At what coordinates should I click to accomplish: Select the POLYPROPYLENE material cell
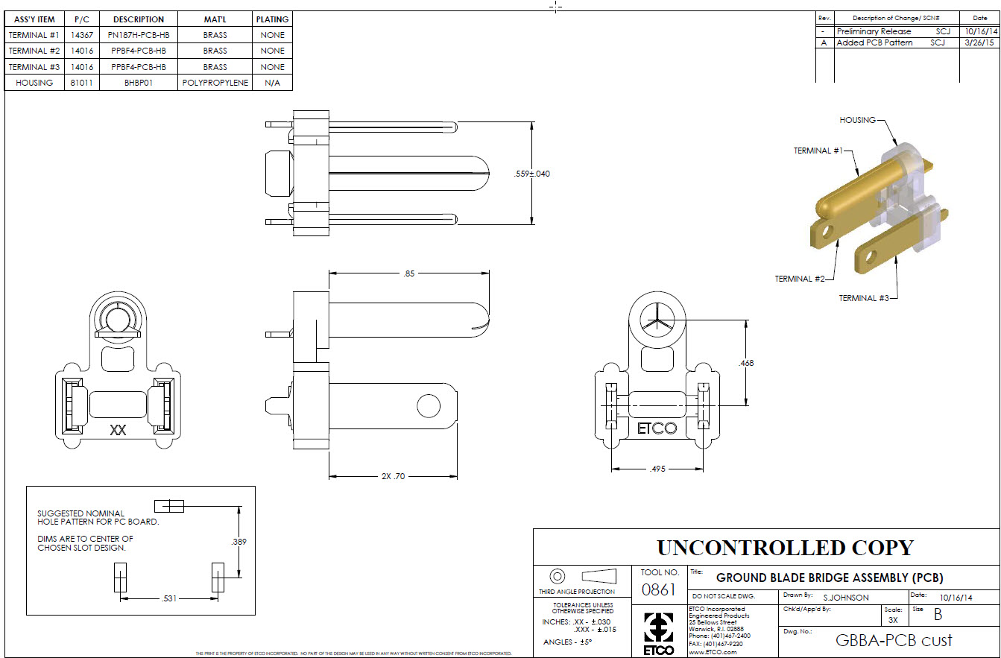(x=215, y=83)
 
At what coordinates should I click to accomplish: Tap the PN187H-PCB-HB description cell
(x=139, y=35)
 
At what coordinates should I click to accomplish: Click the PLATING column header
(x=272, y=19)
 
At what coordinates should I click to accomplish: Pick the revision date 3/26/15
(x=975, y=43)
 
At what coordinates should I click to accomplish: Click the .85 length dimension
(x=408, y=273)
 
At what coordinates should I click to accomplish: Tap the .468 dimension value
(x=745, y=363)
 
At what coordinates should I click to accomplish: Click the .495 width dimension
(x=657, y=469)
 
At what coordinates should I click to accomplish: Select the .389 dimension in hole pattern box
(x=239, y=542)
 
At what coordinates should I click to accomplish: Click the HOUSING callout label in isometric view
(x=857, y=120)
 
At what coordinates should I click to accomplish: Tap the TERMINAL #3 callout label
(x=863, y=298)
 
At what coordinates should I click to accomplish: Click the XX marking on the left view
(x=118, y=430)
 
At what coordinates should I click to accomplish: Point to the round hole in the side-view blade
(x=429, y=406)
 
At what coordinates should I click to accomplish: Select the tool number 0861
(x=660, y=590)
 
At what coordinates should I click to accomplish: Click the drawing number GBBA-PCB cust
(x=894, y=640)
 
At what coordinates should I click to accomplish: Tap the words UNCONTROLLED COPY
(x=784, y=548)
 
